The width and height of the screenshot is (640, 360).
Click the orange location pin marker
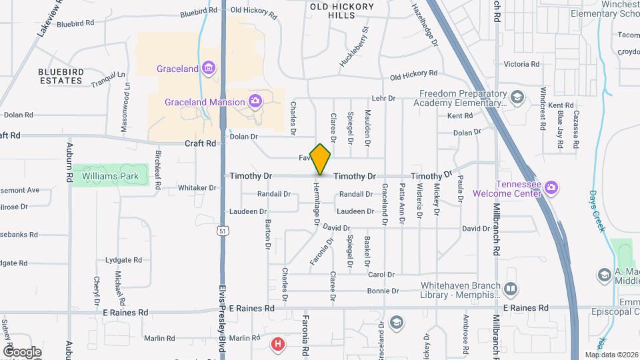coord(321,159)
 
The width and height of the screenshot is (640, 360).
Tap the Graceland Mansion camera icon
coord(254,101)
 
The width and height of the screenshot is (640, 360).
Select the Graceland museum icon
coord(209,68)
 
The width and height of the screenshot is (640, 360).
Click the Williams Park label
coord(111,176)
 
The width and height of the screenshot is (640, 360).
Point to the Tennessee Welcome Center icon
coord(551,188)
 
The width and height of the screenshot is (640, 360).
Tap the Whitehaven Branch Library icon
coord(511,289)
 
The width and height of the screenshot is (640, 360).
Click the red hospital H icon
coord(278,344)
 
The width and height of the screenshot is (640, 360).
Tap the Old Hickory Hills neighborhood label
coord(341,10)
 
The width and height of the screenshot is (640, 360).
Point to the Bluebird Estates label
coord(60,76)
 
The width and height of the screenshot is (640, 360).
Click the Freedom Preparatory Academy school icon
coord(517,99)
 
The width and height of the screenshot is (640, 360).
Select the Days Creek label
coord(597,211)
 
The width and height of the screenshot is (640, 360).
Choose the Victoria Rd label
coord(521,64)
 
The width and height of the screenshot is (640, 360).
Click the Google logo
coord(22,351)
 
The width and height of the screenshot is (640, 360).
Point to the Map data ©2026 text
coord(611,355)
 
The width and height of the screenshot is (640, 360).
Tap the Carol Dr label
coord(381,274)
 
